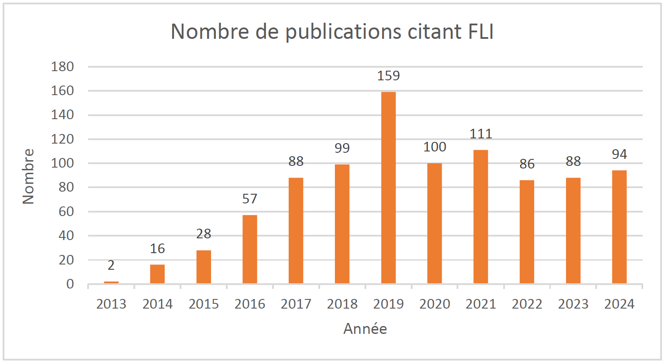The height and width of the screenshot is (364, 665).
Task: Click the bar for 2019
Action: [388, 188]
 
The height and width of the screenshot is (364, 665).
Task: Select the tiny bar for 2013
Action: [111, 282]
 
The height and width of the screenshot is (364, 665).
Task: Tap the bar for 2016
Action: [249, 249]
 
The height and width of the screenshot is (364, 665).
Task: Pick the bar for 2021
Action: [481, 217]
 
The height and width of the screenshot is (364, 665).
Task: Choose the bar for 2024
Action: [619, 227]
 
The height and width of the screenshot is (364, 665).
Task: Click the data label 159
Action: [388, 76]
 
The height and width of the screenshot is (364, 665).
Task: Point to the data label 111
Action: [481, 134]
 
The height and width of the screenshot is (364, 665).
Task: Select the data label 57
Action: [249, 199]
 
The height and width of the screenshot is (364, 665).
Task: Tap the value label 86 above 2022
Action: [527, 164]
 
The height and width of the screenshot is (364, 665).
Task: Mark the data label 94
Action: [619, 155]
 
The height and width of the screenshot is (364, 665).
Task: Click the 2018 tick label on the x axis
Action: [342, 304]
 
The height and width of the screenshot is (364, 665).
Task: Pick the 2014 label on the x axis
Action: [157, 304]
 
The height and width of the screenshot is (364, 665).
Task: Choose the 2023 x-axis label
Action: [573, 304]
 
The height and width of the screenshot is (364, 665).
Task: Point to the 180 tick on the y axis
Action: [62, 67]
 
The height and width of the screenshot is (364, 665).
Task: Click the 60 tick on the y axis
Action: [66, 212]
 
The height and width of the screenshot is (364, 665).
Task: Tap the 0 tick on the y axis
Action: [70, 284]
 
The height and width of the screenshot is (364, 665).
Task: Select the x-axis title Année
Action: [365, 329]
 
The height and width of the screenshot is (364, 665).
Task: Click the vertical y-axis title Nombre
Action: [28, 176]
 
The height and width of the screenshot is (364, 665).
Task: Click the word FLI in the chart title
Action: [481, 32]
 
